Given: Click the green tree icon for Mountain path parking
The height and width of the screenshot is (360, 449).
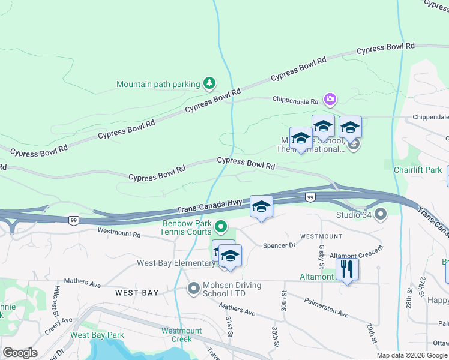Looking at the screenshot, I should [209, 83].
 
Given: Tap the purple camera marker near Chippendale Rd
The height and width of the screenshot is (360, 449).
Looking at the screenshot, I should [330, 99].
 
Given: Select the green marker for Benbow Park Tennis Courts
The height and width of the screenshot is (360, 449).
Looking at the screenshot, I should [221, 227].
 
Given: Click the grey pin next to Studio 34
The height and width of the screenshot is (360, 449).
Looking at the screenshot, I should [379, 214].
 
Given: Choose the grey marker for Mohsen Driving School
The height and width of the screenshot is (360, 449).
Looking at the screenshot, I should [193, 289].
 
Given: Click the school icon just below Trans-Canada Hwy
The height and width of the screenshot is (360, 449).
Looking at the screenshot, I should [261, 207].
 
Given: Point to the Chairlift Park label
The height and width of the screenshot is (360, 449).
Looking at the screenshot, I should [417, 170].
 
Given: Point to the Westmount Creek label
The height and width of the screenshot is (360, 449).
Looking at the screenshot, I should [181, 335].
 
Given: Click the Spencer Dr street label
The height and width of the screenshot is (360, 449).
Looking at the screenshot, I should [280, 245].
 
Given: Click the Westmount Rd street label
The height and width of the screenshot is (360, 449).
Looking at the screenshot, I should [119, 232].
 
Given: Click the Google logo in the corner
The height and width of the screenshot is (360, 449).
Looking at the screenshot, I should [20, 353].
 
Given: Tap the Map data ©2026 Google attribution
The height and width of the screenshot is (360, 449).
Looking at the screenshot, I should [412, 355].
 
